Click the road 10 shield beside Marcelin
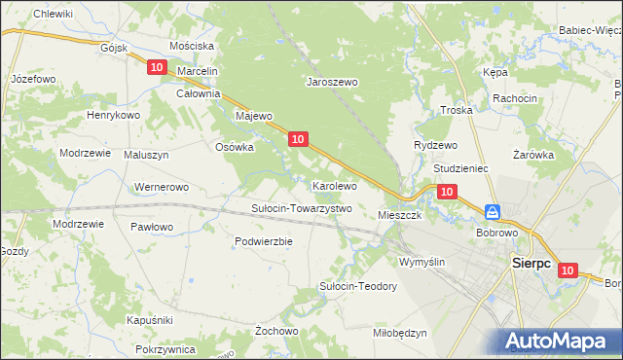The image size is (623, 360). pyautogui.click(x=158, y=67)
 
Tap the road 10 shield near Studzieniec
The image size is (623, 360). pyautogui.click(x=446, y=193)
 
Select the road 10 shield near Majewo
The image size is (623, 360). pyautogui.click(x=299, y=140)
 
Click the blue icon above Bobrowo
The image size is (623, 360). pyautogui.click(x=494, y=211)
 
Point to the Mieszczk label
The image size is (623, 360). pyautogui.click(x=399, y=215)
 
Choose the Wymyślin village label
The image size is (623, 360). pyautogui.click(x=422, y=262)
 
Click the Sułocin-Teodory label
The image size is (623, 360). pyautogui.click(x=358, y=286)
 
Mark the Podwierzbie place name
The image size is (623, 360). pyautogui.click(x=264, y=241)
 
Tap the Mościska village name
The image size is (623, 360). pyautogui.click(x=191, y=46)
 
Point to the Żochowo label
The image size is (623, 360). pyautogui.click(x=276, y=331)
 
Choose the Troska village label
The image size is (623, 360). pyautogui.click(x=456, y=111)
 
